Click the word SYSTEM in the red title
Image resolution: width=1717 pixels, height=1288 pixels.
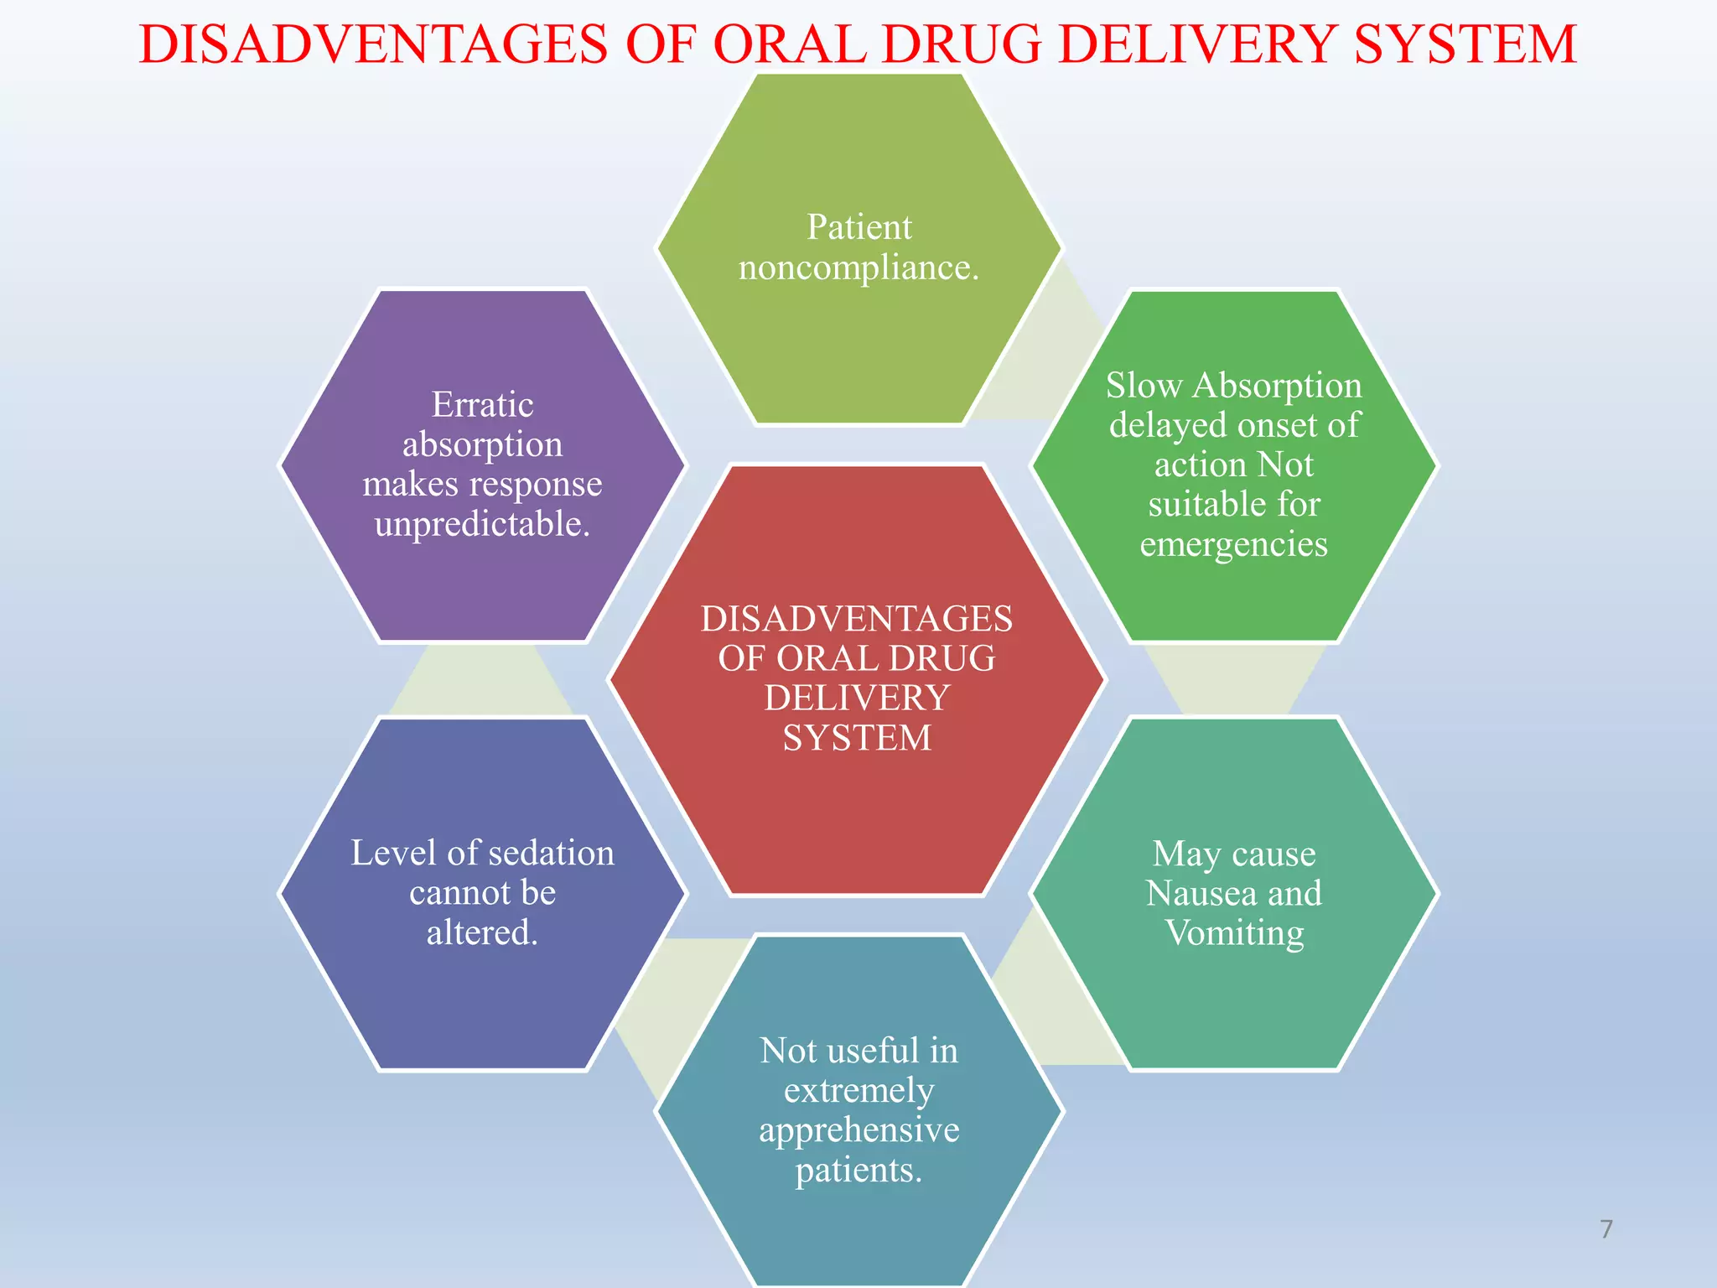point(1465,44)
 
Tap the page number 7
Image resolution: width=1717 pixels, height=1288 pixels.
point(1605,1229)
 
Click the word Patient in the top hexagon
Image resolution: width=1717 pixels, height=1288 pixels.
point(858,227)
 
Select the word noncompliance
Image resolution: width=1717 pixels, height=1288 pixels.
point(858,268)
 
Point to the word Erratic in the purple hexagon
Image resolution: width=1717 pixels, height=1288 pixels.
point(482,405)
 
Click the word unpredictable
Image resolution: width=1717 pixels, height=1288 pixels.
point(482,525)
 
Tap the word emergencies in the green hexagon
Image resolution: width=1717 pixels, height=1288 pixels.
point(1233,545)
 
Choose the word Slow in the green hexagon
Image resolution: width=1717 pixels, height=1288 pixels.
point(1144,386)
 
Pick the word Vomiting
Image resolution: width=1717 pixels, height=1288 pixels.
point(1234,933)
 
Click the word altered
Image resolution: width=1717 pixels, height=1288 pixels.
point(482,932)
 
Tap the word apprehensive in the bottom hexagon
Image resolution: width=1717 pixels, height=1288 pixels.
point(858,1130)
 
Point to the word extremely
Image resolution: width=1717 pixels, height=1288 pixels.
point(858,1090)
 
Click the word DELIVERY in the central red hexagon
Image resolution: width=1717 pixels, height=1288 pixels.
point(856,699)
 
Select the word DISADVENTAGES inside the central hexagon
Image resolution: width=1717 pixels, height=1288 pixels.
point(856,619)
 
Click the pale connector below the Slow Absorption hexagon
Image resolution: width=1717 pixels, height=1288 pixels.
point(1234,679)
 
